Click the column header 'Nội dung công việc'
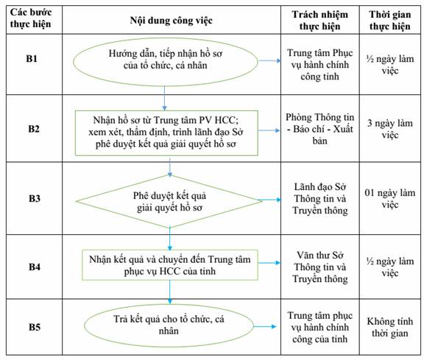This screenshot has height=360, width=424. click(172, 21)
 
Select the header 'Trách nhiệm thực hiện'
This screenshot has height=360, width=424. click(320, 21)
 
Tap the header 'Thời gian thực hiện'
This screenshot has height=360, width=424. click(390, 21)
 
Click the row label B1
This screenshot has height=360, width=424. click(32, 59)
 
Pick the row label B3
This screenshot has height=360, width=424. click(35, 199)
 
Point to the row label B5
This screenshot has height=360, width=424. click(35, 327)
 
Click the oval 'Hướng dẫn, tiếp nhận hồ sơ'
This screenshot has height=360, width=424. click(166, 62)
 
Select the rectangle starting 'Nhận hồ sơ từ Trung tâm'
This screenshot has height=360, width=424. click(166, 133)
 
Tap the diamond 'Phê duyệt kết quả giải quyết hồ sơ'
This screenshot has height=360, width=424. click(169, 201)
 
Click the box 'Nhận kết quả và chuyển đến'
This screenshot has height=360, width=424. click(170, 265)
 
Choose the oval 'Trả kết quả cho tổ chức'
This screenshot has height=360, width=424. click(169, 325)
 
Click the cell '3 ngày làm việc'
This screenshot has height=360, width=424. click(390, 129)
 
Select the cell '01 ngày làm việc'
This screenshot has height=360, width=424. click(390, 199)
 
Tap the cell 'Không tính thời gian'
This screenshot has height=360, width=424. click(390, 328)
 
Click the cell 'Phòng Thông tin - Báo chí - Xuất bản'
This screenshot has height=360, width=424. click(320, 129)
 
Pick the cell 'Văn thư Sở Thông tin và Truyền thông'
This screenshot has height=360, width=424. click(320, 267)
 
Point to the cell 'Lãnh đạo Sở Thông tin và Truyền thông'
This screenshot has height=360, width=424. click(320, 199)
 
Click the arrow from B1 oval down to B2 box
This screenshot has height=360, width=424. click(164, 98)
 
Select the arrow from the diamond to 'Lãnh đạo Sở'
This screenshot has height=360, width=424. click(269, 200)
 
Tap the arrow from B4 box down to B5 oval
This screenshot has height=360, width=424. click(170, 292)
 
